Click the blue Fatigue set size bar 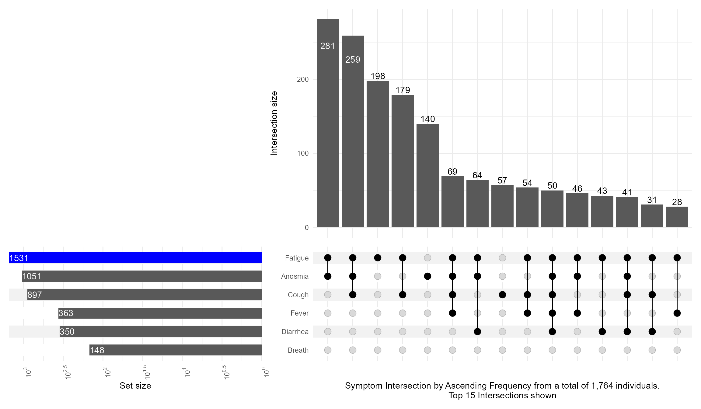pyautogui.click(x=135, y=258)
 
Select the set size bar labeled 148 pyautogui.click(x=176, y=350)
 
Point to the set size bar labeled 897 pyautogui.click(x=145, y=295)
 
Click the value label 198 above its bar pyautogui.click(x=378, y=76)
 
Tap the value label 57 pyautogui.click(x=502, y=180)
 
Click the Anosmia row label pyautogui.click(x=295, y=276)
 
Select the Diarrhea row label pyautogui.click(x=295, y=332)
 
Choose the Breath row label pyautogui.click(x=298, y=350)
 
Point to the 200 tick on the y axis pyautogui.click(x=302, y=79)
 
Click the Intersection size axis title pyautogui.click(x=274, y=123)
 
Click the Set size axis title pyautogui.click(x=135, y=386)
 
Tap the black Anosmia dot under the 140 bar pyautogui.click(x=427, y=276)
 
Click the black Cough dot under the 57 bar pyautogui.click(x=502, y=295)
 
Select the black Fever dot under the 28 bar pyautogui.click(x=677, y=313)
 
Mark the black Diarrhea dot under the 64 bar pyautogui.click(x=477, y=332)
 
